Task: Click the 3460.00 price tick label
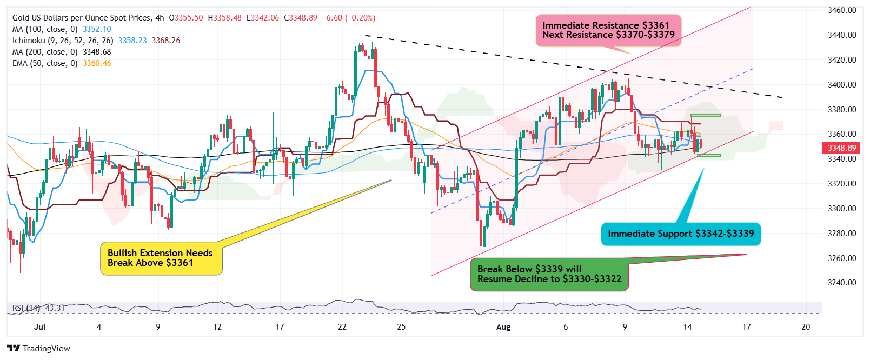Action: click(x=842, y=10)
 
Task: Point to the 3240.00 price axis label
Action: click(x=842, y=283)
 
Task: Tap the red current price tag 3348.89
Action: click(x=841, y=148)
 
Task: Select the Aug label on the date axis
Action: click(x=503, y=327)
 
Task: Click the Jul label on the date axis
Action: click(x=39, y=327)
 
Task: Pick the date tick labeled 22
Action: click(x=342, y=327)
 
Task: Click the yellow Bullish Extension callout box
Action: click(x=161, y=258)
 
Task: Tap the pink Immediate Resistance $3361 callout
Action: click(x=608, y=30)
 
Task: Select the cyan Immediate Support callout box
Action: click(x=680, y=234)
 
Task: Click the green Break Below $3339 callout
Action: click(x=549, y=275)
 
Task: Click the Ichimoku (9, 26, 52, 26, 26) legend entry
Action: click(x=63, y=41)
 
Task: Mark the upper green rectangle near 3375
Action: click(x=706, y=115)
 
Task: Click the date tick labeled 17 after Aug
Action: click(x=746, y=327)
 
